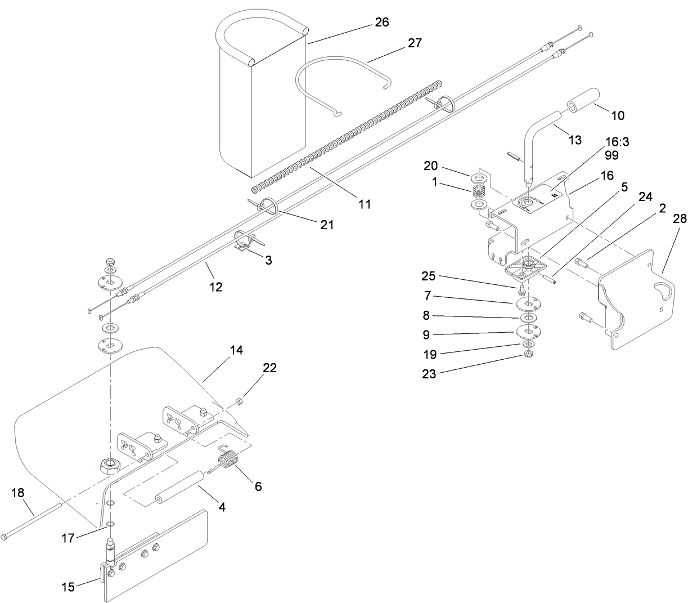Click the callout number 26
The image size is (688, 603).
point(381,23)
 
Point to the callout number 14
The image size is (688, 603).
point(236,350)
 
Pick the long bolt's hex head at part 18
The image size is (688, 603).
point(6,537)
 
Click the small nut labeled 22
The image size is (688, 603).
point(239,401)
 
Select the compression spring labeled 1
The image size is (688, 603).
point(479,193)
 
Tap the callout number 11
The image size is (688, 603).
point(365,204)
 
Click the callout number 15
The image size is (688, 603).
point(69,587)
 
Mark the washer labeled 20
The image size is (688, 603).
point(480,179)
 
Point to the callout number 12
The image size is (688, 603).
point(216,287)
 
